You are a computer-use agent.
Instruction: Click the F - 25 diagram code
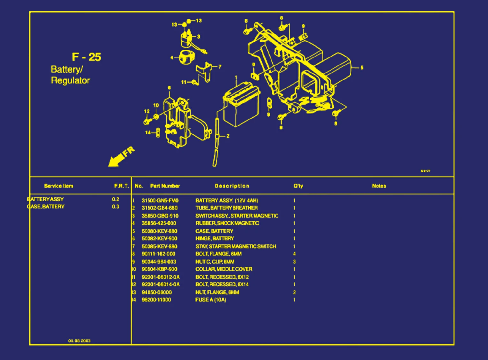click(x=86, y=57)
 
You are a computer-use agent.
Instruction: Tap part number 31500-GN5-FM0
click(x=160, y=201)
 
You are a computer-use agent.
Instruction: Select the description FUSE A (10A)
click(x=210, y=300)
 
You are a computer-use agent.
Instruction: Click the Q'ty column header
click(x=298, y=186)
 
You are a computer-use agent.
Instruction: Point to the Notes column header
click(x=379, y=186)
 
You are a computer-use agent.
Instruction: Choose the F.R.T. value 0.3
click(x=115, y=207)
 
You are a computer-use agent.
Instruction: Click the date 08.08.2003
click(x=79, y=341)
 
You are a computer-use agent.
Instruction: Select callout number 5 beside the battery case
click(x=362, y=68)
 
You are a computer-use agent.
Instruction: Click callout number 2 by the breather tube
click(x=228, y=136)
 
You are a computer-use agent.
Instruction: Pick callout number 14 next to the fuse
click(x=148, y=133)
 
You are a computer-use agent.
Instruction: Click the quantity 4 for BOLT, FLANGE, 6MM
click(x=294, y=254)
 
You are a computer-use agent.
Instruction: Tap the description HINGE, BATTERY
click(x=215, y=239)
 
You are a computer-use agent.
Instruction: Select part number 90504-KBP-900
click(x=159, y=269)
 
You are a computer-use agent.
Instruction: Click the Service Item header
click(x=58, y=186)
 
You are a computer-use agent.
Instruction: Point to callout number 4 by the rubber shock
click(x=172, y=58)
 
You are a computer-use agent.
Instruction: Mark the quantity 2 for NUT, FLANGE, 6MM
click(x=294, y=292)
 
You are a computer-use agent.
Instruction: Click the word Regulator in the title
click(x=71, y=80)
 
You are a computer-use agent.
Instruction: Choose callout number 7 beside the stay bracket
click(x=220, y=67)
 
